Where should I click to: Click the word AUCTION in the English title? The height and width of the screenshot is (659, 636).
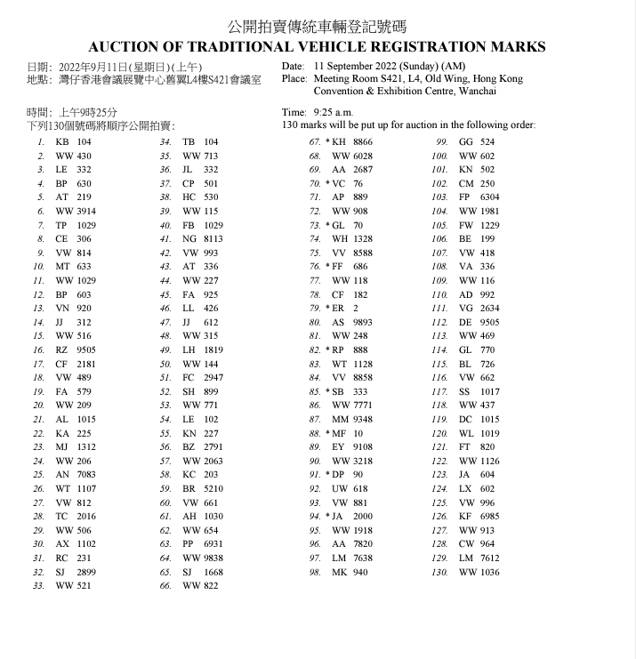pyautogui.click(x=125, y=46)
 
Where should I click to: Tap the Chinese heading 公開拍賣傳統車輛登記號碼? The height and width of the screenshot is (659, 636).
pyautogui.click(x=318, y=26)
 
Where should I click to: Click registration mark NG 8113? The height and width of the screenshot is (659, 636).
pyautogui.click(x=203, y=238)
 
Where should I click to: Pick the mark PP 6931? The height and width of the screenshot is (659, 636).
pyautogui.click(x=203, y=543)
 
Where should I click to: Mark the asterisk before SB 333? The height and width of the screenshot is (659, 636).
pyautogui.click(x=327, y=391)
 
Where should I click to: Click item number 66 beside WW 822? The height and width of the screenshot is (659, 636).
pyautogui.click(x=165, y=585)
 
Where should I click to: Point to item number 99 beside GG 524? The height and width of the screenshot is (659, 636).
pyautogui.click(x=440, y=142)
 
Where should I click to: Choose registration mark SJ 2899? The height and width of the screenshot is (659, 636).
pyautogui.click(x=75, y=571)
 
